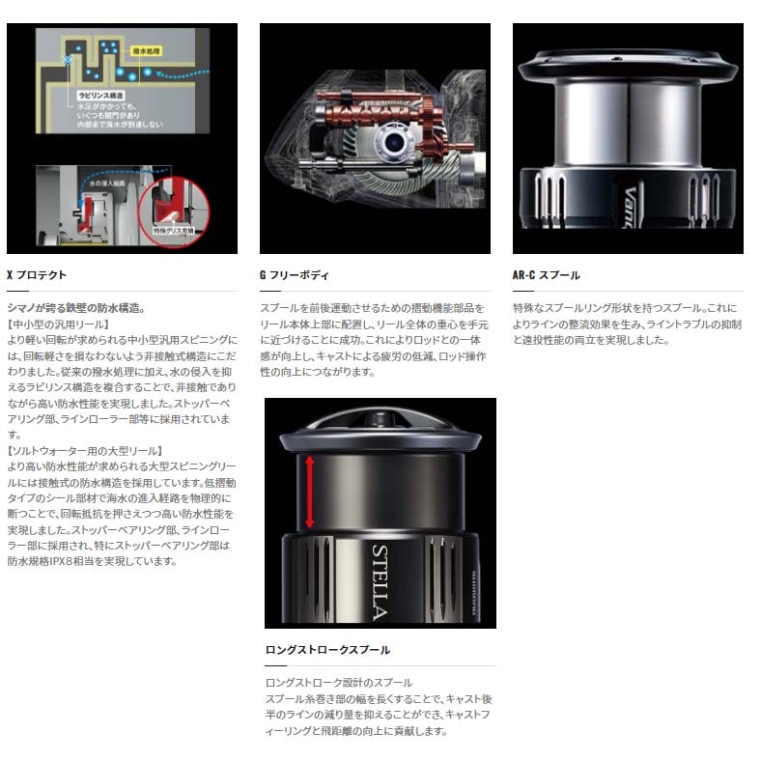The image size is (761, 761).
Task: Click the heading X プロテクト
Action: [37, 275]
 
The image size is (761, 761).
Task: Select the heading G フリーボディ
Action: [295, 275]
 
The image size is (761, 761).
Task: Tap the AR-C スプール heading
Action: [546, 275]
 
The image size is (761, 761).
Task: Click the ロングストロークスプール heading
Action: [327, 650]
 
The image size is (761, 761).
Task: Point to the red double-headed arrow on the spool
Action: [310, 493]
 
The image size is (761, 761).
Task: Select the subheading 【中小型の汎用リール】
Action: [58, 324]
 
